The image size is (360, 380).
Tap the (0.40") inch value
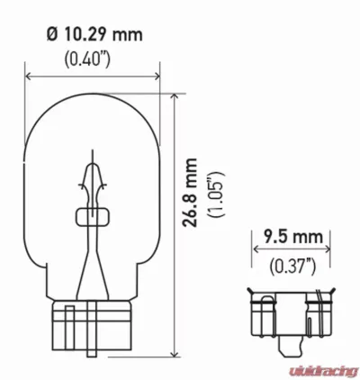[92, 59]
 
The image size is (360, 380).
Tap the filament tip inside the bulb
[93, 162]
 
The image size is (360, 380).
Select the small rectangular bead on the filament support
[93, 216]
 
